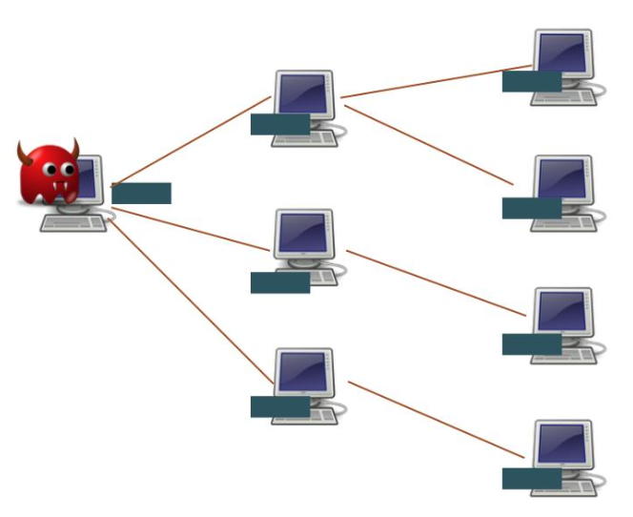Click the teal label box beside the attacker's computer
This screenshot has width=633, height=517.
(141, 194)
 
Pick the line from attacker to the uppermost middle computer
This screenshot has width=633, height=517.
(191, 137)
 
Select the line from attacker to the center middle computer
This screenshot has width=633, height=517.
(191, 230)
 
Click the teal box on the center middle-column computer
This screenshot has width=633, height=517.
(280, 282)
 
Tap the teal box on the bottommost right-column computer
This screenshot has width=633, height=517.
(531, 479)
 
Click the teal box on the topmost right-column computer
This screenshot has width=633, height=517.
(531, 81)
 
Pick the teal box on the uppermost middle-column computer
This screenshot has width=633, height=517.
(280, 124)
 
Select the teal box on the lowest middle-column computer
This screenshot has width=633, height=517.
(280, 407)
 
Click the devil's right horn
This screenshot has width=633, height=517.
(73, 147)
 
